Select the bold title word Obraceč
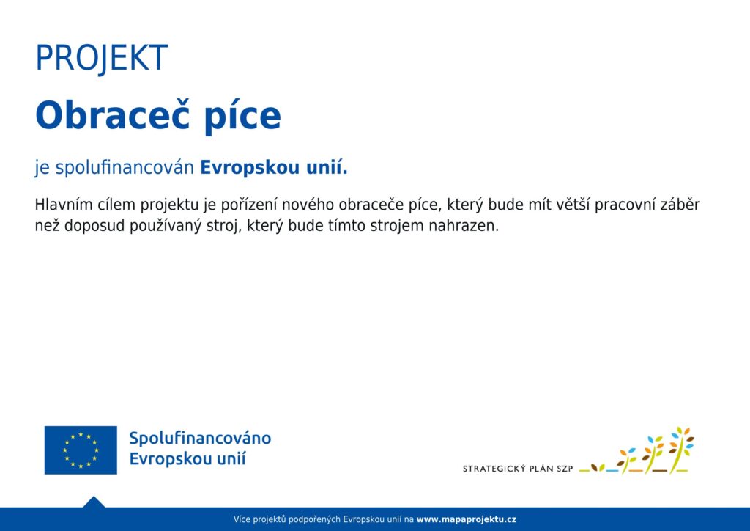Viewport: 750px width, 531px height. pos(113,115)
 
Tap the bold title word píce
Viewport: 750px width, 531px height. pos(242,117)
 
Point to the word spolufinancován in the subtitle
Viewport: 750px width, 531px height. pos(125,168)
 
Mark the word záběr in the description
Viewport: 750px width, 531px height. pos(680,205)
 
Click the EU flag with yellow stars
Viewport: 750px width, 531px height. pos(81,450)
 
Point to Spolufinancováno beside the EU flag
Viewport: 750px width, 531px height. pos(200,438)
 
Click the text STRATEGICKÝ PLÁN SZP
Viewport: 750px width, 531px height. pos(518,469)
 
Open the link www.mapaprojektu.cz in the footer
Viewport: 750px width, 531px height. pos(467,519)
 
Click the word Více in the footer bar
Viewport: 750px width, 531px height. pos(242,519)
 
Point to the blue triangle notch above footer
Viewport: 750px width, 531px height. pos(94,502)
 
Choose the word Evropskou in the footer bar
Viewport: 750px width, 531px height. pos(360,519)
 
